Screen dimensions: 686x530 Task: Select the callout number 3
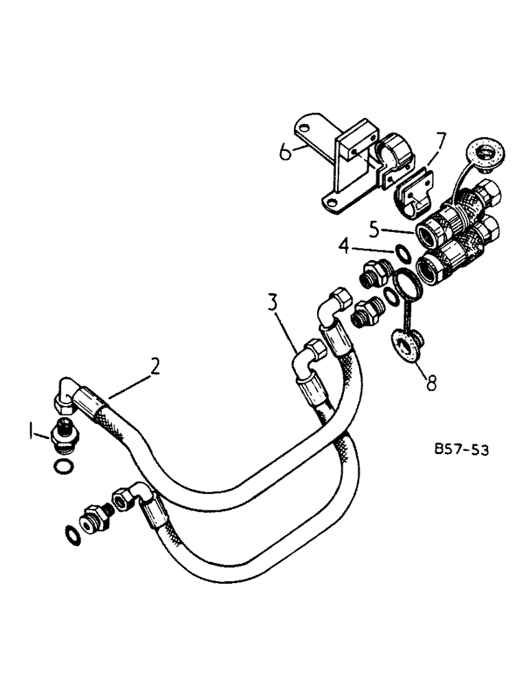(274, 303)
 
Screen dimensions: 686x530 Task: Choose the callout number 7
(439, 142)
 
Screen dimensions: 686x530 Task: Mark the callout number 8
(431, 383)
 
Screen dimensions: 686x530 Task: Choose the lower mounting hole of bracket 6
(331, 199)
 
